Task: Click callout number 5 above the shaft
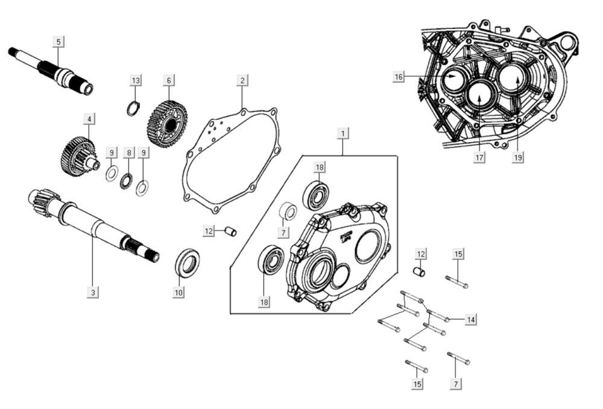point(58,42)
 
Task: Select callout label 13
point(136,80)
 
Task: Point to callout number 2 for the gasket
point(242,80)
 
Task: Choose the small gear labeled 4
point(78,156)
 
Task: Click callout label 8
point(128,153)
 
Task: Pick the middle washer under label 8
point(127,179)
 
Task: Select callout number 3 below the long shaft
point(92,292)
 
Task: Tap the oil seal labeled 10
point(188,263)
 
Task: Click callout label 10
point(178,292)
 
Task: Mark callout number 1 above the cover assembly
point(343,132)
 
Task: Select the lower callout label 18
point(264,302)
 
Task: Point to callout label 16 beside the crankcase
point(399,77)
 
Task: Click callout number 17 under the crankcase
point(480,158)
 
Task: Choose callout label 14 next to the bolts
point(471,320)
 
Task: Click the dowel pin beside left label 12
point(230,232)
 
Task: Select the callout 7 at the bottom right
point(456,384)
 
